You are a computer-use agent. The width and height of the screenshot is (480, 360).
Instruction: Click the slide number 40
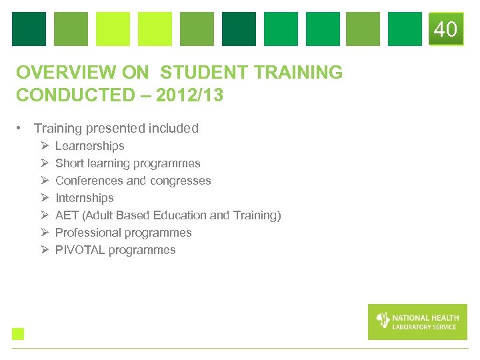coord(445,29)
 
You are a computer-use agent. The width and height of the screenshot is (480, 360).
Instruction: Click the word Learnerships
coord(89,146)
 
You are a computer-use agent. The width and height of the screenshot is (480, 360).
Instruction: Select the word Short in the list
coord(69,163)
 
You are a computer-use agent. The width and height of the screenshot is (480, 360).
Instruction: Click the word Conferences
coord(89,181)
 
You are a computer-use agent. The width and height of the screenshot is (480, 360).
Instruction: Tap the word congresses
coord(180,181)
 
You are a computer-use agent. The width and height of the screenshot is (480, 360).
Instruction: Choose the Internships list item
coord(84,198)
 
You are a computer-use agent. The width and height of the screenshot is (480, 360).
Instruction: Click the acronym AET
coord(67,215)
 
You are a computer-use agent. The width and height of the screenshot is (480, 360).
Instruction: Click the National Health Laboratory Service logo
coord(417,321)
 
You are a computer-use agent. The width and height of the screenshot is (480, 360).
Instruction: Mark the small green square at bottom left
coord(18,334)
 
